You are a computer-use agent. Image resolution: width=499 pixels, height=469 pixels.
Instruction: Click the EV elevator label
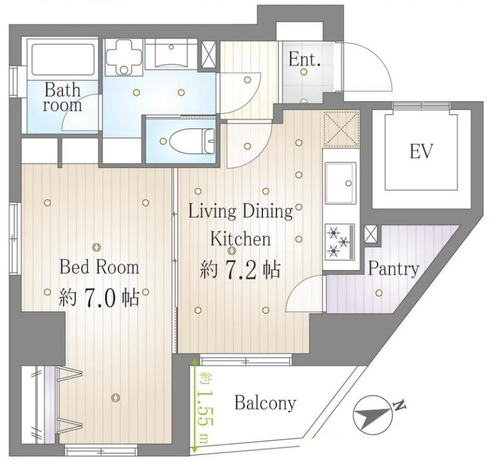[421, 151]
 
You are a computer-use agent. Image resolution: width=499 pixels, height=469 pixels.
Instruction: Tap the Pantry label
[393, 269]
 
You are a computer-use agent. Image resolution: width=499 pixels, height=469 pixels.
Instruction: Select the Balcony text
[265, 404]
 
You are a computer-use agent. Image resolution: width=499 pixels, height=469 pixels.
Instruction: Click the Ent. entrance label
[304, 59]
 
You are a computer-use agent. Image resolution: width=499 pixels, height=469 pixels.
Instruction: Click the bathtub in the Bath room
[63, 60]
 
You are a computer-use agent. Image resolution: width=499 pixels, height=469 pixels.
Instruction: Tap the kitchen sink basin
[340, 183]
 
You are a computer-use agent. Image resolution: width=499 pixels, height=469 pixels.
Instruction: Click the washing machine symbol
[124, 57]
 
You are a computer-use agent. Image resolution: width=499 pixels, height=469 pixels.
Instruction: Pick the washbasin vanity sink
[171, 54]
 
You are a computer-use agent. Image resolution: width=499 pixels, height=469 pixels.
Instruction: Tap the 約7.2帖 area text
[240, 270]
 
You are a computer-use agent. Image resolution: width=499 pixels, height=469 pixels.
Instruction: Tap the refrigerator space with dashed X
[342, 129]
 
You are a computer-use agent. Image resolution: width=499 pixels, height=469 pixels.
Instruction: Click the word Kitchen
[240, 239]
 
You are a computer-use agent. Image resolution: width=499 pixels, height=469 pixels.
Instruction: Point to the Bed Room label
[99, 267]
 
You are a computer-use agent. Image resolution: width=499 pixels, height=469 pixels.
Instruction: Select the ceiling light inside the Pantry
[379, 293]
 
